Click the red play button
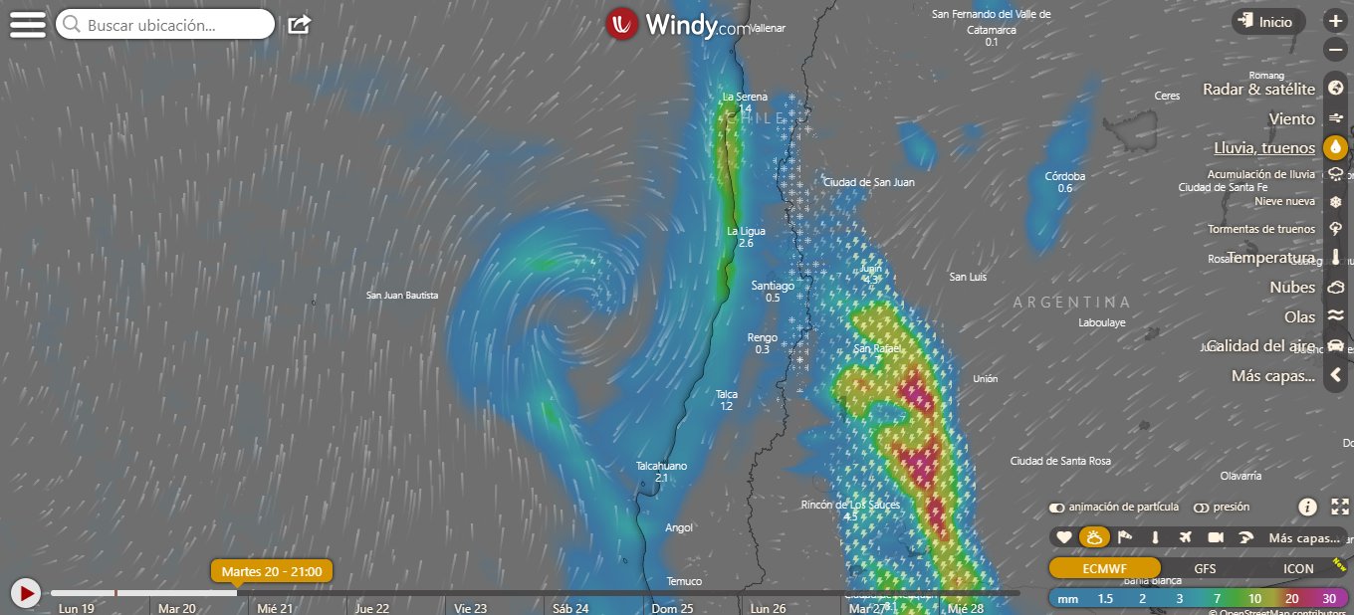[25, 593]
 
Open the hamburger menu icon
[27, 24]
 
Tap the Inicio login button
[1267, 21]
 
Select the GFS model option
[1205, 569]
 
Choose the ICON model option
[1298, 569]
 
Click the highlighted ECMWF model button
[1104, 569]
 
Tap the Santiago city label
[773, 286]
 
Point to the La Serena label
[745, 97]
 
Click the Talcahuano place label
[661, 466]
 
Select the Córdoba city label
[1065, 176]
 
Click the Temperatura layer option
[1270, 258]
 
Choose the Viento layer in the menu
[1291, 118]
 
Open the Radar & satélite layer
[1258, 90]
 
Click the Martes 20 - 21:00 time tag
[271, 571]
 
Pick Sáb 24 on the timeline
[570, 608]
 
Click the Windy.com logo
[677, 25]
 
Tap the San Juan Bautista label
[402, 295]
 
